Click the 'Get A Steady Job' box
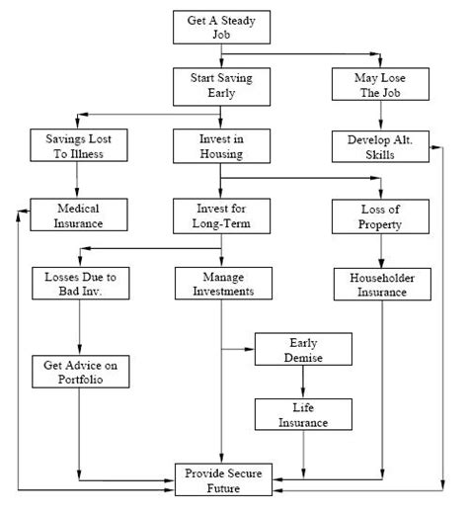tap(220, 27)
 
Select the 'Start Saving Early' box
tap(220, 86)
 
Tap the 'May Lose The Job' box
tap(380, 86)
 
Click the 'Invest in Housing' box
tap(220, 145)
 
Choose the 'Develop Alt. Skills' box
tap(380, 145)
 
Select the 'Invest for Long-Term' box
tap(220, 214)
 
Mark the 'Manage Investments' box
tap(220, 284)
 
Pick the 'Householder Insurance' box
tap(380, 285)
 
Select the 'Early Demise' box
tap(303, 349)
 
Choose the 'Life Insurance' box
tap(303, 415)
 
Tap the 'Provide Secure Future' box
tap(226, 478)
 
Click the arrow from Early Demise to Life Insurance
tap(303, 383)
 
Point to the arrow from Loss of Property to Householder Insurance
tap(380, 250)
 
